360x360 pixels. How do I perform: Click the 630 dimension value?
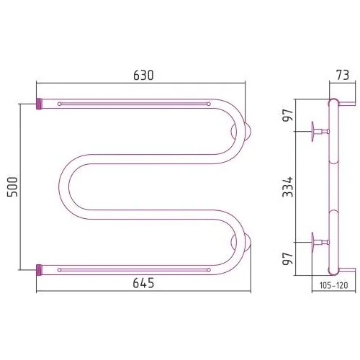click(x=143, y=75)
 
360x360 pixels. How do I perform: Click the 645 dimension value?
click(x=143, y=283)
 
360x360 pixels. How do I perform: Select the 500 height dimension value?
click(x=12, y=186)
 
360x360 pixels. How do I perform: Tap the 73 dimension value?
click(x=343, y=75)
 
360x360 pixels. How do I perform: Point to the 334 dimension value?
click(x=288, y=186)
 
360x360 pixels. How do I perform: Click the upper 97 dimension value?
click(x=288, y=115)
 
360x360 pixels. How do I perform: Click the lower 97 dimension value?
click(x=288, y=258)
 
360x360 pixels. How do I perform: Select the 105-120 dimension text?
click(x=333, y=285)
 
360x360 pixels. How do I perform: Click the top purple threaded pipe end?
click(x=39, y=104)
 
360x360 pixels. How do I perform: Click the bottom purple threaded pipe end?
click(x=39, y=270)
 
